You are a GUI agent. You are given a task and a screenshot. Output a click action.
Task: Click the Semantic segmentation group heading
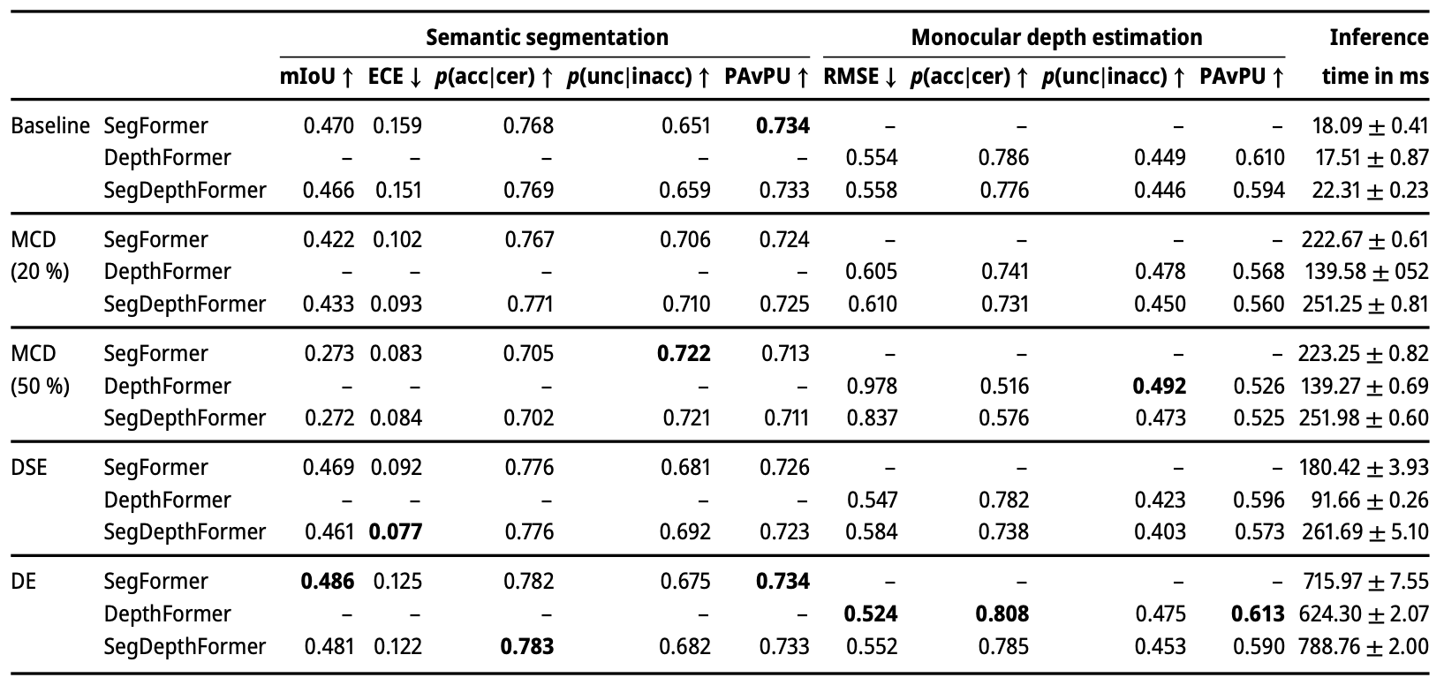tap(547, 37)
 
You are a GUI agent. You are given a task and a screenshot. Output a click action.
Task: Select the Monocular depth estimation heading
tap(1056, 37)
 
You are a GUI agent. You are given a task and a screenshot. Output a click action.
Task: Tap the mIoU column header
tap(316, 77)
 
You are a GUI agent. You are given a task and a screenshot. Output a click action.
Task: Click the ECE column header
tap(395, 77)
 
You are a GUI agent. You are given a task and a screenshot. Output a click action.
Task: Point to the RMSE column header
tap(860, 77)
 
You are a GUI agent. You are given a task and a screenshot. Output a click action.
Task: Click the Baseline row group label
tap(50, 125)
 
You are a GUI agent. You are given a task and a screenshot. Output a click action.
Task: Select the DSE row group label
tap(29, 467)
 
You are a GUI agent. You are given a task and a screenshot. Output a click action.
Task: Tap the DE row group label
tap(23, 581)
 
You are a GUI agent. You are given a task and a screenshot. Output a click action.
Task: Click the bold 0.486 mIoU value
tap(328, 581)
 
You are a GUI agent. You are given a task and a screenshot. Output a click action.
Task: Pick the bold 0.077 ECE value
tap(395, 531)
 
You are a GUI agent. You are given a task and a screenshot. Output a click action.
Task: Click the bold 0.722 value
tap(684, 353)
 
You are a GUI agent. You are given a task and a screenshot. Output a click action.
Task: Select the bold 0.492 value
tap(1159, 386)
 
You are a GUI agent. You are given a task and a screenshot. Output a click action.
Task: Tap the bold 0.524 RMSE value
tap(870, 613)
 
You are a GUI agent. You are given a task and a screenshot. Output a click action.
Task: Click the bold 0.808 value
tap(1002, 613)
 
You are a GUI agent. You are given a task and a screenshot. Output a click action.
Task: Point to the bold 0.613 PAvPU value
tap(1258, 613)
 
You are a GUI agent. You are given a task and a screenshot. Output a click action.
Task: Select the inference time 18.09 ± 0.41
tap(1371, 125)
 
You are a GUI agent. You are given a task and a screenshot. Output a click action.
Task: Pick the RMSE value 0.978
tap(872, 386)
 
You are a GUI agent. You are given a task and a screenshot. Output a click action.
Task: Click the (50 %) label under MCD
tap(40, 386)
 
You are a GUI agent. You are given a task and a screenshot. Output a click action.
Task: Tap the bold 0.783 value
tap(527, 646)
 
